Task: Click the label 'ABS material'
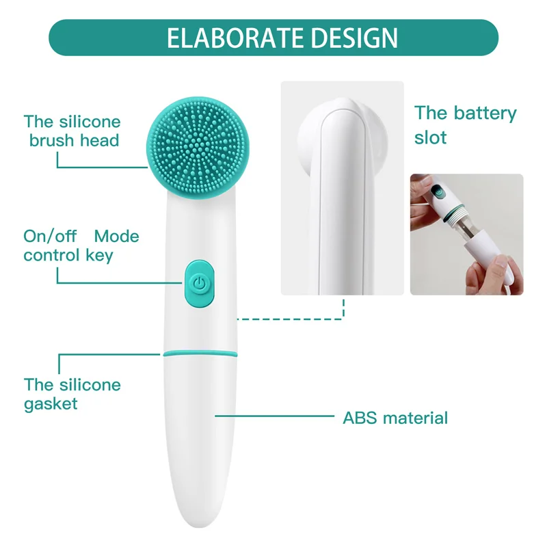(395, 417)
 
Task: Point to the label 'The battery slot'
(465, 125)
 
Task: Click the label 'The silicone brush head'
(72, 131)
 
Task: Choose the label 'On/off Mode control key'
(81, 246)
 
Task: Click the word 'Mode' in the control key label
(116, 237)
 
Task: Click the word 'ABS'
(358, 417)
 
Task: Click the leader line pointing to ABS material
(273, 415)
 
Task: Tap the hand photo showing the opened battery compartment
(466, 234)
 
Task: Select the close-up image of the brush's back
(342, 188)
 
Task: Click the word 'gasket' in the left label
(51, 403)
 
